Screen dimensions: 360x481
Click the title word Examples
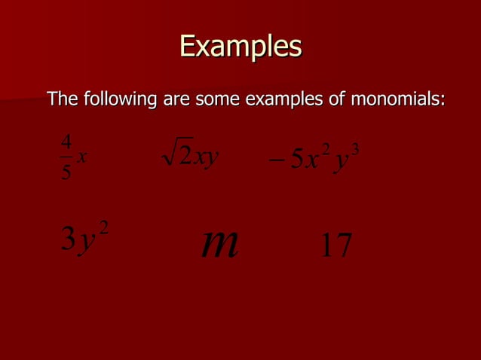pos(240,47)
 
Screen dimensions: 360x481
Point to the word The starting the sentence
pos(63,99)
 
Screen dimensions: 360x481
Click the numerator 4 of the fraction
pos(66,141)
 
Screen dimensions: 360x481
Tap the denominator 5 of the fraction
pos(66,172)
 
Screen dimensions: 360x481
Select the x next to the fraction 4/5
pos(82,157)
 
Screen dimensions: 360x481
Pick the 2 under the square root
pos(185,157)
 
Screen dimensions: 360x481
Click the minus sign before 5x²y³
pos(276,160)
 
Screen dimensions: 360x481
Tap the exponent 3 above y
pos(354,148)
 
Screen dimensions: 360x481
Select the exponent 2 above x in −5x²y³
pos(325,148)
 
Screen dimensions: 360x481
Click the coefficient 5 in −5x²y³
pos(296,159)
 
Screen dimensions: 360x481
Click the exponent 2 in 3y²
pos(104,227)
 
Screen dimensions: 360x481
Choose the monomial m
pos(220,243)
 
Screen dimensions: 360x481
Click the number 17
pos(335,246)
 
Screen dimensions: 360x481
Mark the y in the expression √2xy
pos(211,158)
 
